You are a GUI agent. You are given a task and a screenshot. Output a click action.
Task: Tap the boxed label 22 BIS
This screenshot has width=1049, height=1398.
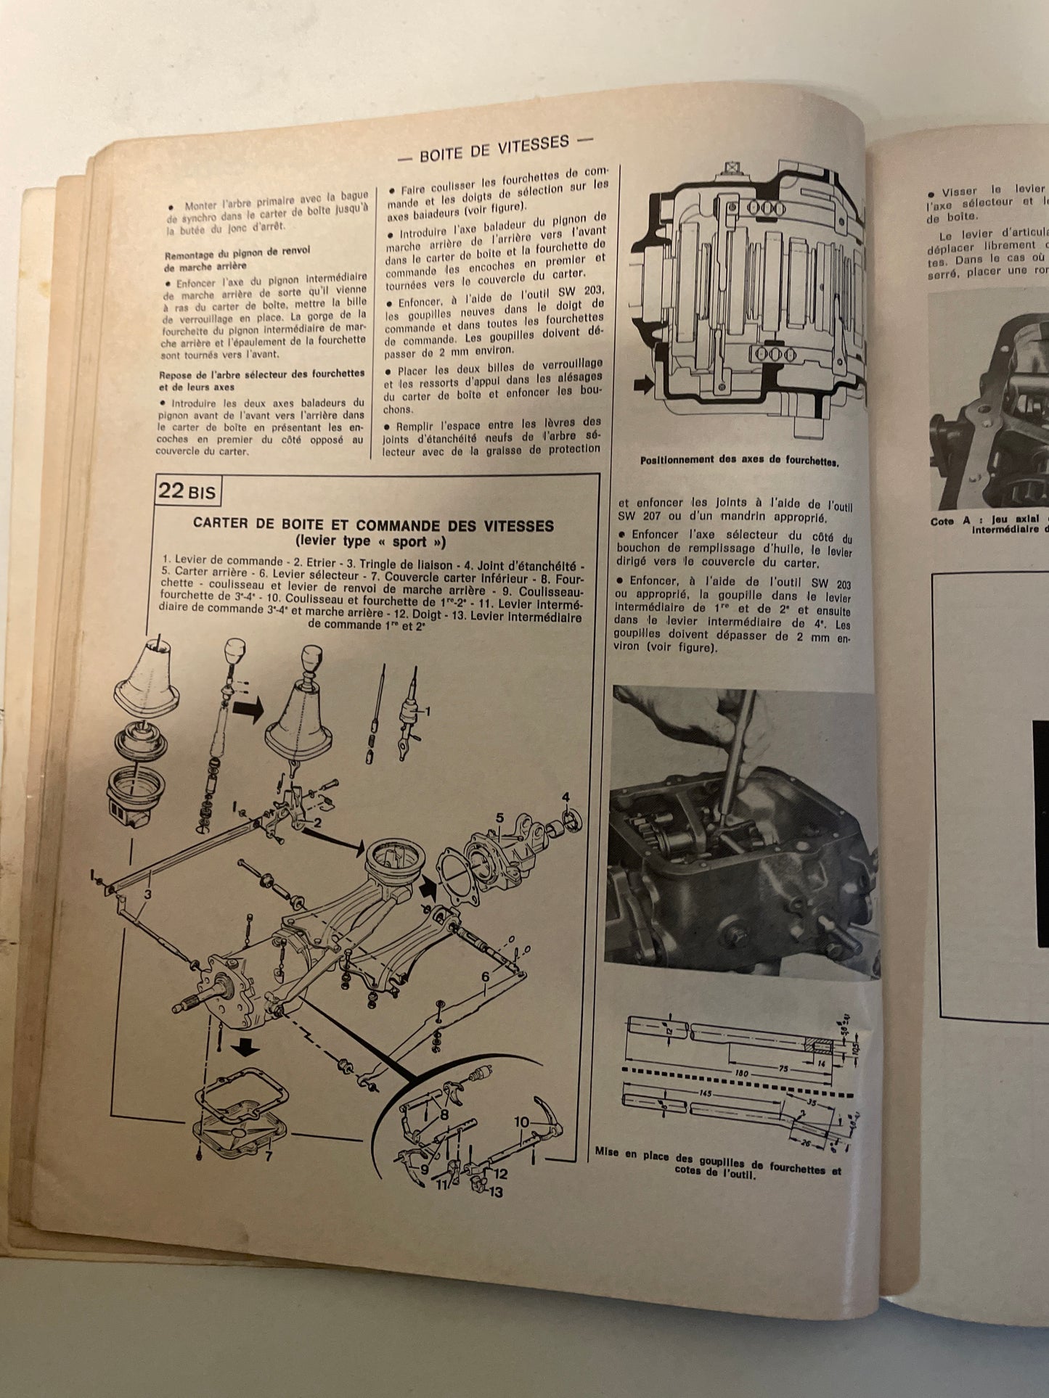(187, 491)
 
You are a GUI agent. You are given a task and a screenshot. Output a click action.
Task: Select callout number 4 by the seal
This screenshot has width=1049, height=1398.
(566, 798)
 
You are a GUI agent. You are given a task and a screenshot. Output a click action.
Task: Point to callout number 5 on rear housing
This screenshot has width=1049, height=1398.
(500, 818)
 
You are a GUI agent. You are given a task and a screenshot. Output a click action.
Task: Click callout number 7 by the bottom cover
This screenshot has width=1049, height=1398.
(268, 1156)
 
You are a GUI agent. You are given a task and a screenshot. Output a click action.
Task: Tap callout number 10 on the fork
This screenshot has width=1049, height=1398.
(521, 1122)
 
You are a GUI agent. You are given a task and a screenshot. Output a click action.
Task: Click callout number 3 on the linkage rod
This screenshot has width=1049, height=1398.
(147, 895)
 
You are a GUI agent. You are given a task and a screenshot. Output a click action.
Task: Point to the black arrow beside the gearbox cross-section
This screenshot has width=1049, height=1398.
(642, 384)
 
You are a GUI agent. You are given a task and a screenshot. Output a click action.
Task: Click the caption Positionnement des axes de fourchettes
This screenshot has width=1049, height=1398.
(739, 461)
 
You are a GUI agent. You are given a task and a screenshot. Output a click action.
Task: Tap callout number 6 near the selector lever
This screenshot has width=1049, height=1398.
(485, 977)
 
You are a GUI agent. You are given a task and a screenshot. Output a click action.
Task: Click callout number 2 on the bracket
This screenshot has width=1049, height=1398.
(317, 823)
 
